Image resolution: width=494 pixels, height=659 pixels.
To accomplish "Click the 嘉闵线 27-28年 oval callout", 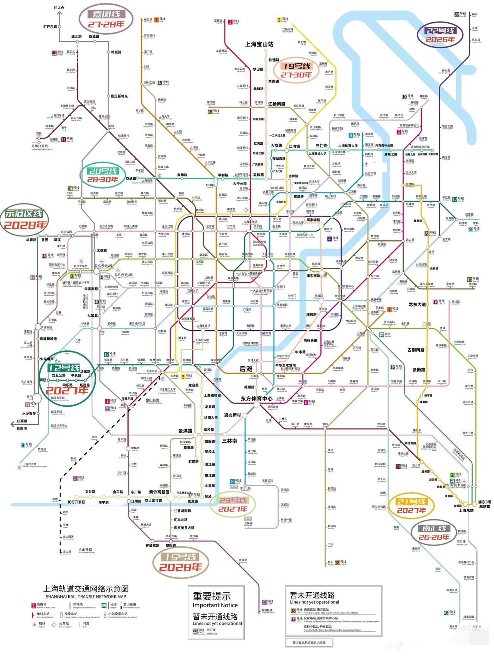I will click(106, 19).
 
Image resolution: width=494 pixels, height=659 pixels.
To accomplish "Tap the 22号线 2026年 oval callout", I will click(440, 35).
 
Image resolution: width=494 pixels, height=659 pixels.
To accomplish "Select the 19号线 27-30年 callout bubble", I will click(296, 70).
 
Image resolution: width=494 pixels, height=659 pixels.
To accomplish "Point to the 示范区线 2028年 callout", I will click(25, 220).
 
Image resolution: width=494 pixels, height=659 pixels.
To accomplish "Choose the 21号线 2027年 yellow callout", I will click(411, 506).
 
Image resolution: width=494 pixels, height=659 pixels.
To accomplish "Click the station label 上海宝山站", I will click(259, 44).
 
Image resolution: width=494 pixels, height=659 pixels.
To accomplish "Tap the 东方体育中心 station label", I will click(256, 399).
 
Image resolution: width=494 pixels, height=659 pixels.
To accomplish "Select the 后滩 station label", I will click(246, 369).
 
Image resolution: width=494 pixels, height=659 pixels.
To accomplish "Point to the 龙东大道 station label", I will click(417, 304).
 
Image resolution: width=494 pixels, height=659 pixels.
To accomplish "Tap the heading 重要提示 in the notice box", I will click(212, 596).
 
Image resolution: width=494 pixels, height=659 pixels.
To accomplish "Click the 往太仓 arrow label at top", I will click(59, 8).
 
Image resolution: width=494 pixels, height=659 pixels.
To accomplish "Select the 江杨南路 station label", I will click(277, 104).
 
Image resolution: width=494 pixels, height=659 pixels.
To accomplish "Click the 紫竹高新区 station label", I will click(159, 492).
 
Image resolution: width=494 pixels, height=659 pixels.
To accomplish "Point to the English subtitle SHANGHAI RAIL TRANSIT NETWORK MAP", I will click(86, 596).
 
